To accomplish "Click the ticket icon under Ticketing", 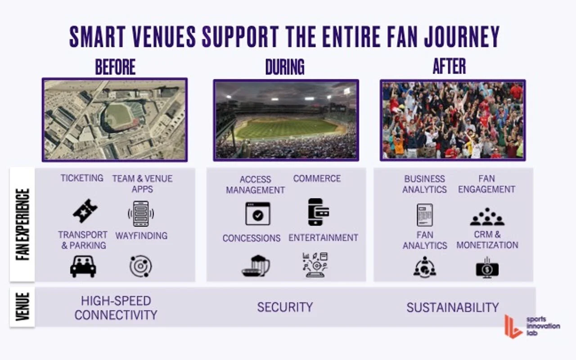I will point(85,211).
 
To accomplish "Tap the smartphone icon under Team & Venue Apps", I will point(141,213).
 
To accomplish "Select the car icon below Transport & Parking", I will point(83,266).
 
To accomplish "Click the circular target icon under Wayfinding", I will point(140,266).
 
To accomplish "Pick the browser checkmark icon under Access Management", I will point(258,213).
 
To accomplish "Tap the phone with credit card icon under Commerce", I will point(318,211).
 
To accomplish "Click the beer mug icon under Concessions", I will point(256,266).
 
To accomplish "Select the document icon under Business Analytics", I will point(424,215).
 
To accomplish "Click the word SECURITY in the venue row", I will point(285,307).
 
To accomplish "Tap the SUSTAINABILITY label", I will point(453,307).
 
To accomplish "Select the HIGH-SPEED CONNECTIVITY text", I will point(116,308).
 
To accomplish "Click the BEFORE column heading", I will point(115,67).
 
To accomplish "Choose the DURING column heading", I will point(285,67).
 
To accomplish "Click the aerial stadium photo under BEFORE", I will point(115,120).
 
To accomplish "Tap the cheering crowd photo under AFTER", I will point(453,120).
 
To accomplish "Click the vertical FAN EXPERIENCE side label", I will point(22,224).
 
